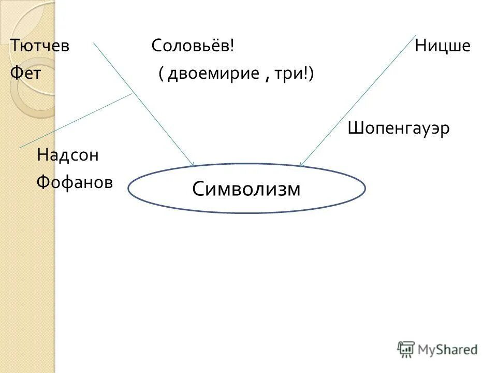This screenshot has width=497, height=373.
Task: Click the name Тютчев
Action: tap(40, 47)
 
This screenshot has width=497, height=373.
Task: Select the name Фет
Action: tap(25, 73)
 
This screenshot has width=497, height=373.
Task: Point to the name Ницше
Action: tap(442, 47)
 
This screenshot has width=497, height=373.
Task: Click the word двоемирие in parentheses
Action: tap(213, 74)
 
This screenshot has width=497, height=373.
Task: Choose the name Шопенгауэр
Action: tap(399, 127)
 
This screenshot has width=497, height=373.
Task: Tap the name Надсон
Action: tap(67, 154)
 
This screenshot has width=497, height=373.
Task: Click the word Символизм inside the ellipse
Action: tap(246, 189)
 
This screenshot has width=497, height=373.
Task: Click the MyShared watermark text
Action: tap(448, 350)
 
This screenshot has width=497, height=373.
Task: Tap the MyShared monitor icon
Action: tap(406, 349)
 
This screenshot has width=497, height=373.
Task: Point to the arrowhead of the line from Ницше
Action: tap(301, 165)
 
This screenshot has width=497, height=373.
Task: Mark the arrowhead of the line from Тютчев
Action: tap(193, 165)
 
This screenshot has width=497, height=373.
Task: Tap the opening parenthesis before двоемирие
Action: tap(162, 74)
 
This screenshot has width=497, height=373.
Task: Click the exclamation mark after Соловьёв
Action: tap(232, 46)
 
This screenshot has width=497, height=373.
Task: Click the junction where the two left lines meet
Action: tap(133, 93)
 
